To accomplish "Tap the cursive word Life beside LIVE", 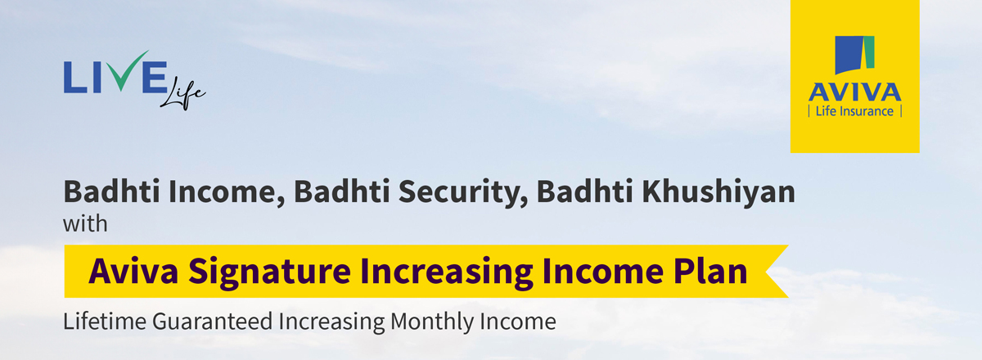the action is (182, 93).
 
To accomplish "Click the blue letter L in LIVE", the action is (75, 77).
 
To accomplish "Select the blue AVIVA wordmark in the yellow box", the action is (854, 92).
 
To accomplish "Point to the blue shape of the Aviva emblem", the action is (849, 55).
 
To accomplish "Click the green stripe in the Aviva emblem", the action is (869, 52).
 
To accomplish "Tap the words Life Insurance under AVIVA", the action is (854, 111).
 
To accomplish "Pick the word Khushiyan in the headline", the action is (718, 192).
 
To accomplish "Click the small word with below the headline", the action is (85, 223).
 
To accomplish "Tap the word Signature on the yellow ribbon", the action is (269, 272).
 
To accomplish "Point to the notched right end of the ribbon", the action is (766, 272).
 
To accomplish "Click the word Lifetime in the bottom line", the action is (105, 321).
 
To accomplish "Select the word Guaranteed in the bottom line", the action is (212, 322).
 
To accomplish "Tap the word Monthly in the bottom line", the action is (432, 322).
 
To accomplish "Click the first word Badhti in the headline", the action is (112, 191).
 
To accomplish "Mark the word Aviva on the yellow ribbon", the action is (133, 271).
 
